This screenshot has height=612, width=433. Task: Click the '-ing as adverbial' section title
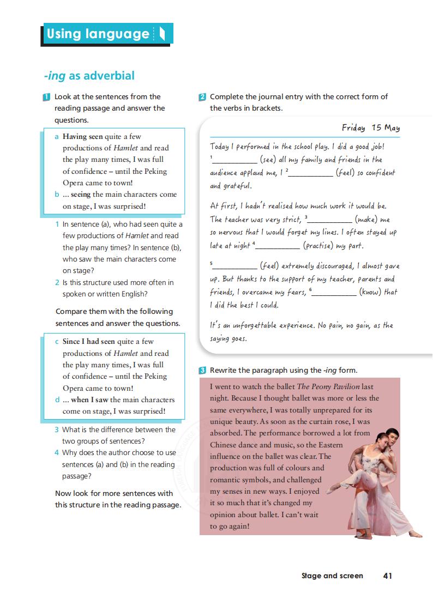[x=89, y=76]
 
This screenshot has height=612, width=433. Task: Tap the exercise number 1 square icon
[x=46, y=97]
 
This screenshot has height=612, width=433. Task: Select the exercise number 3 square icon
[x=202, y=371]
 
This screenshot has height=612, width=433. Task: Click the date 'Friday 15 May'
[x=370, y=128]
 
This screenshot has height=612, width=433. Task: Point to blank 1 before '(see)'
[x=234, y=160]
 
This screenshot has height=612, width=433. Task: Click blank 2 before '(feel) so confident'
[x=311, y=173]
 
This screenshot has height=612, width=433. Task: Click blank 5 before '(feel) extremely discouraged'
[x=234, y=266]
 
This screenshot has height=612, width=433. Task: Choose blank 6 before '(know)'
[x=334, y=293]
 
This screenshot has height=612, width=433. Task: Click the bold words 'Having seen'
[x=83, y=136]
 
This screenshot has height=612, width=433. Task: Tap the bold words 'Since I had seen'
[x=89, y=342]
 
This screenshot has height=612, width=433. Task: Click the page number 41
[x=388, y=575]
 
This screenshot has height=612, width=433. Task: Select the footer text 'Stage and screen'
[x=332, y=575]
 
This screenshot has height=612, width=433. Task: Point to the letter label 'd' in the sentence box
[x=57, y=399]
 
